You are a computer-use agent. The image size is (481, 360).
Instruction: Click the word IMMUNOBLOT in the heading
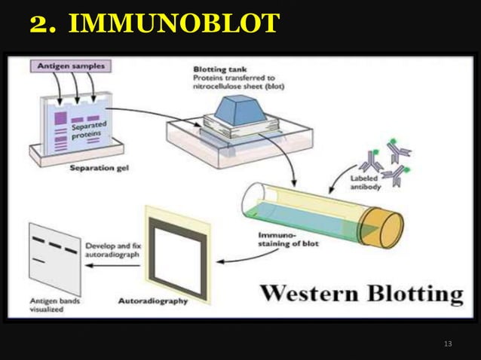(173, 24)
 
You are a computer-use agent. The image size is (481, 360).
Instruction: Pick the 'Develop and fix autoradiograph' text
(112, 251)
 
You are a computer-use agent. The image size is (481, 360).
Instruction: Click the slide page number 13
(449, 344)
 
